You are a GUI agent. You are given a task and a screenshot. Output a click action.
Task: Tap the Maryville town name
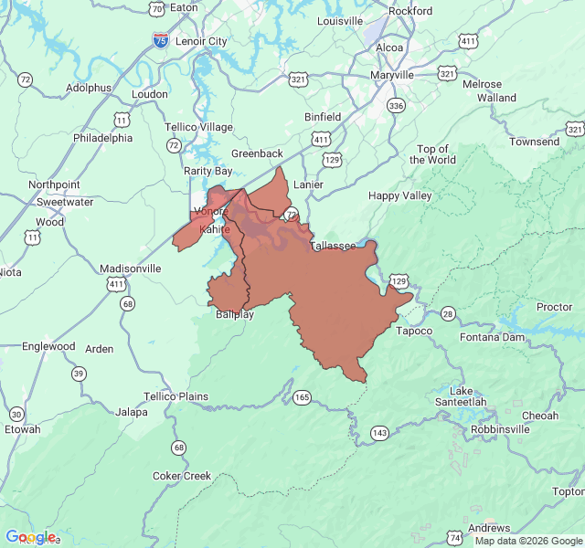(392, 74)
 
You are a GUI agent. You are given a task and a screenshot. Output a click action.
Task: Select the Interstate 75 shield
(160, 40)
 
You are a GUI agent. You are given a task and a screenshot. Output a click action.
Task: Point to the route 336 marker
(395, 106)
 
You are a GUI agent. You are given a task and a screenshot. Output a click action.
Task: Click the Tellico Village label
(198, 127)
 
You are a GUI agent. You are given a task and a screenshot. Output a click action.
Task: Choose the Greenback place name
(257, 153)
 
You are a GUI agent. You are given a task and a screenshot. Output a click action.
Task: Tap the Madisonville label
(131, 269)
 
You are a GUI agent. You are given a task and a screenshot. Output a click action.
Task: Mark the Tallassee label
(333, 247)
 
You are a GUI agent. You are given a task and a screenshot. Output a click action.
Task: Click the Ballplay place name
(235, 314)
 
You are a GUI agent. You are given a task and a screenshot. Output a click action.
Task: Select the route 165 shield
(302, 396)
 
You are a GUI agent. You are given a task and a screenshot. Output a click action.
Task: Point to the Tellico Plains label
(175, 396)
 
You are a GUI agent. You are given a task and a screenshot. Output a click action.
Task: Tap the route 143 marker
(379, 432)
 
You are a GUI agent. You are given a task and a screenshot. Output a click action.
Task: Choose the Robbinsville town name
(500, 428)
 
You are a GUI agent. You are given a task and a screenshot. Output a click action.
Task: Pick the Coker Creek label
(181, 476)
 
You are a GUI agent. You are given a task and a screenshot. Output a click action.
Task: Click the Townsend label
(535, 142)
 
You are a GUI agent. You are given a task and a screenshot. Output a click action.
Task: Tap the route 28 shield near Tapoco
(448, 313)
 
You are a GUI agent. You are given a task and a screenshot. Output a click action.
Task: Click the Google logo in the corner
(30, 537)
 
